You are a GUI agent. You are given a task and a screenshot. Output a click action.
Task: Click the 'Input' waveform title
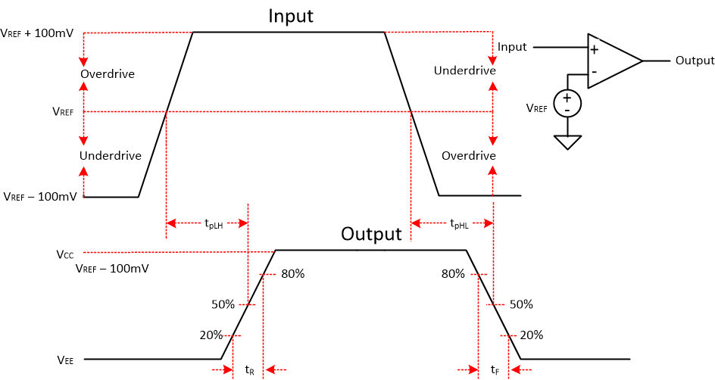pos(291,16)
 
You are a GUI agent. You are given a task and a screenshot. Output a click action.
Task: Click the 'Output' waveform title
pos(371,234)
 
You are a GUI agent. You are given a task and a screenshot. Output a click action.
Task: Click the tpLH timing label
pos(214,223)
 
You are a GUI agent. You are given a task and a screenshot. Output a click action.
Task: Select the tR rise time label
pos(250,369)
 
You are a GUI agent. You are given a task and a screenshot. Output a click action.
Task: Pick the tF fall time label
pos(495,369)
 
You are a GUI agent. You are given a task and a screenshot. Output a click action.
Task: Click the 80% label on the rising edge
pos(292,274)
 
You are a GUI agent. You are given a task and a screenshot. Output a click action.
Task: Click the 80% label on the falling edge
pos(452,274)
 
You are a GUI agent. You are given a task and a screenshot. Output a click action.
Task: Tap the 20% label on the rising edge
pos(211,335)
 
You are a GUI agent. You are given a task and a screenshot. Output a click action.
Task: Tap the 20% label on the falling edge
pos(531,335)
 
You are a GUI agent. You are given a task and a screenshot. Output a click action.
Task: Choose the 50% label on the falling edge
pos(521,304)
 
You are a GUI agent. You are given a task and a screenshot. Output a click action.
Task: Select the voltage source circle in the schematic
pos(567,103)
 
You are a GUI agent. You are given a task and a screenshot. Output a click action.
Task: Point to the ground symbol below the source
pos(567,141)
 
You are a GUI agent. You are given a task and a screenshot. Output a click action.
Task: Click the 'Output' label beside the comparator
pos(695,61)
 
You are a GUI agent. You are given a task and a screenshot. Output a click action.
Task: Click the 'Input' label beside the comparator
pos(512,47)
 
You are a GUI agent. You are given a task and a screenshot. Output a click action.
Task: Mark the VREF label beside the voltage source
pos(536,108)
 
